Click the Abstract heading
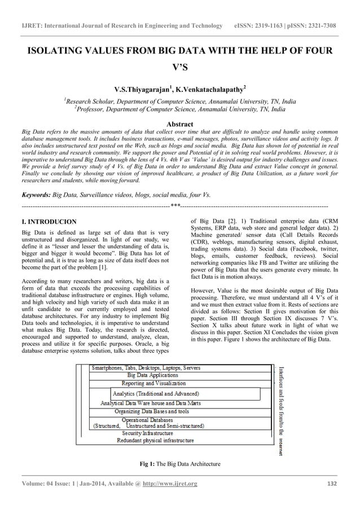179,124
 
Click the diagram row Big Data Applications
153,375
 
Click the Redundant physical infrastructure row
155,440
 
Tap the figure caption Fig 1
148,464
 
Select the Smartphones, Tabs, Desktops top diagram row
146,367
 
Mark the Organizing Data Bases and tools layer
152,411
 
